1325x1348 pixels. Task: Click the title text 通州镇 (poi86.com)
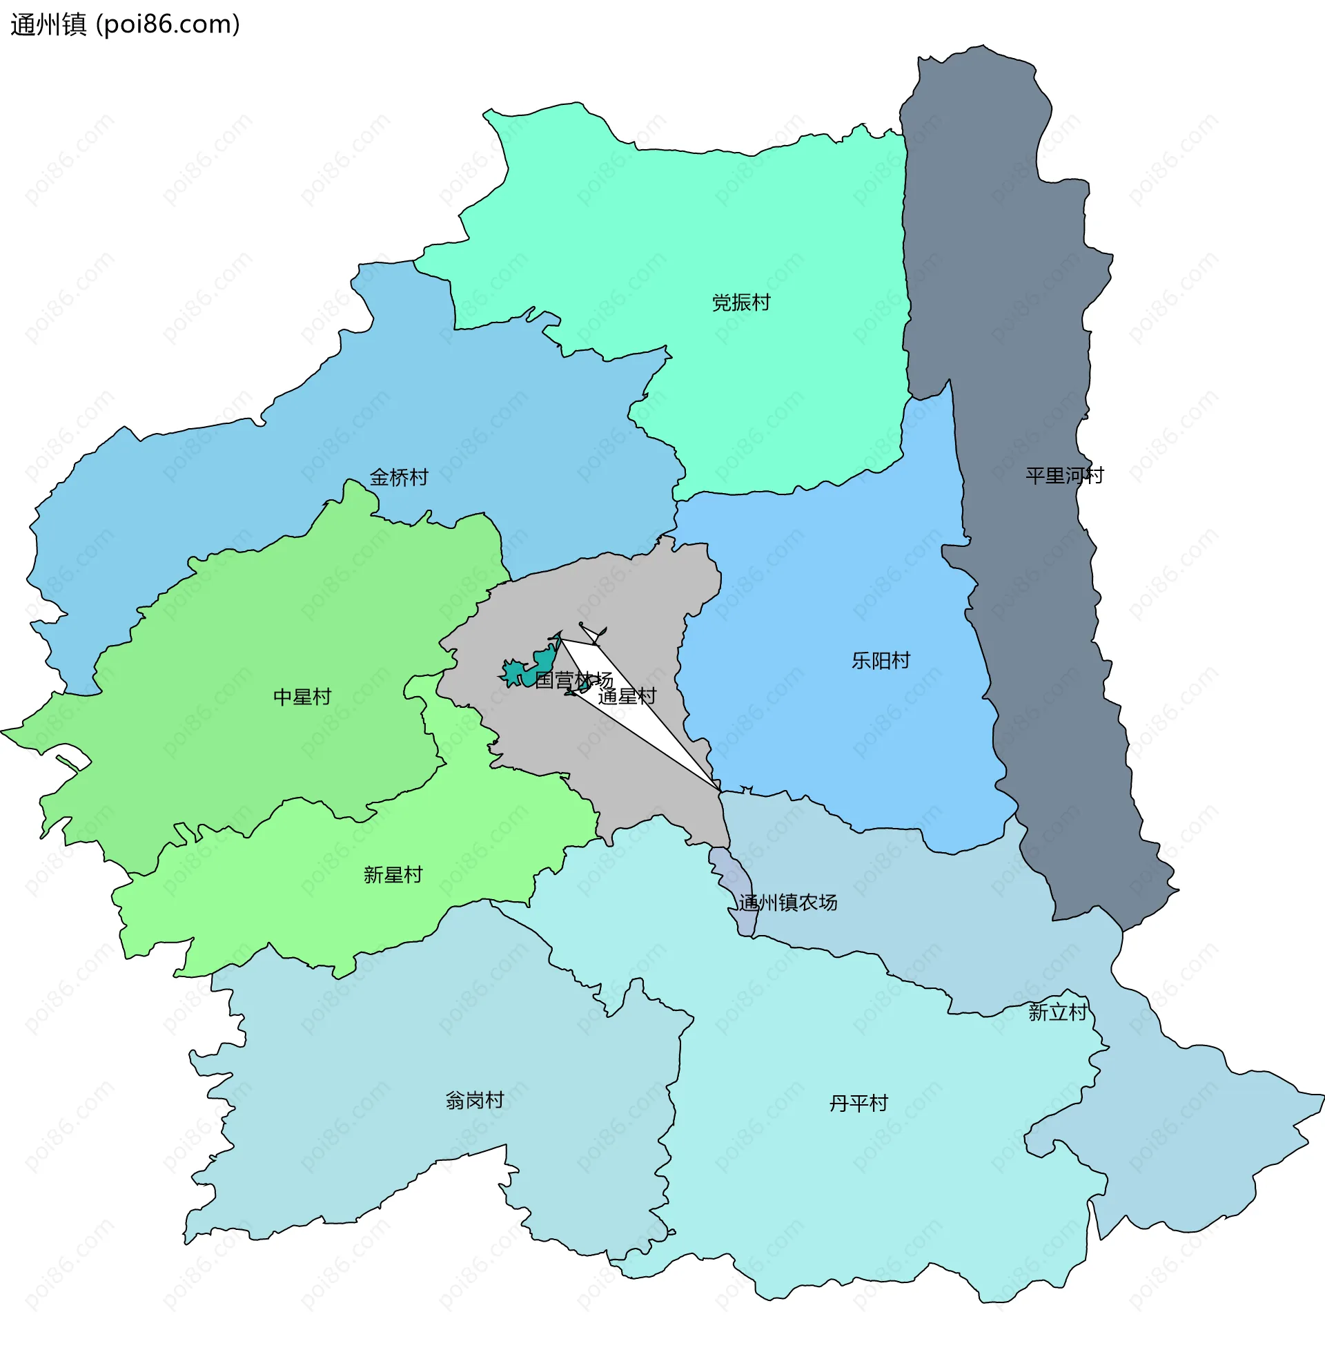point(126,24)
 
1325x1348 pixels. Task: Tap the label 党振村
point(741,303)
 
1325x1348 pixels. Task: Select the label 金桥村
point(399,478)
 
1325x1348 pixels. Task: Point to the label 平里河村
point(1064,476)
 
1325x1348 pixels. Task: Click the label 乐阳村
point(881,661)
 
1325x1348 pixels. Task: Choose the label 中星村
point(302,697)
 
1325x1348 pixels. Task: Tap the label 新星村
point(393,875)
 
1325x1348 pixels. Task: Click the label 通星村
point(627,696)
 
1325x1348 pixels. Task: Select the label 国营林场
point(573,680)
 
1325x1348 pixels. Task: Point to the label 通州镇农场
point(788,903)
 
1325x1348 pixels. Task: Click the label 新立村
point(1057,1012)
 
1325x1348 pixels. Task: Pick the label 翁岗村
point(475,1101)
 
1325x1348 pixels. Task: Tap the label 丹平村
point(858,1104)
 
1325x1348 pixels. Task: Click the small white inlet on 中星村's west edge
point(70,759)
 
